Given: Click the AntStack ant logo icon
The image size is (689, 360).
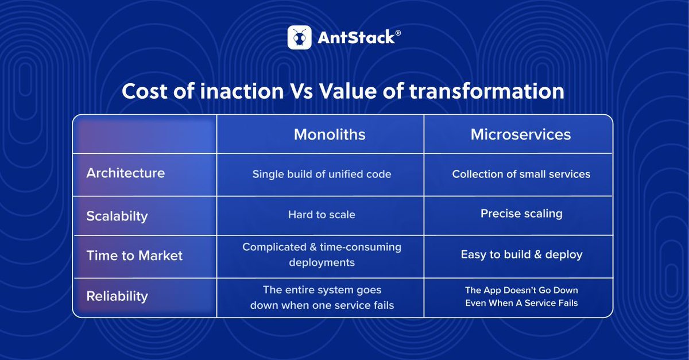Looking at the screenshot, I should pyautogui.click(x=299, y=37).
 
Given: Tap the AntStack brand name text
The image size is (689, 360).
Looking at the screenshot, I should pyautogui.click(x=355, y=38).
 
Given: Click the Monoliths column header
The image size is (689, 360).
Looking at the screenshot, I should pyautogui.click(x=330, y=134).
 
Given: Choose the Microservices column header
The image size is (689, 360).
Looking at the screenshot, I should pyautogui.click(x=521, y=134).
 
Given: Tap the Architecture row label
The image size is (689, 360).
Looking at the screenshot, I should pyautogui.click(x=125, y=173).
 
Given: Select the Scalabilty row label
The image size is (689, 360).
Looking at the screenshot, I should pyautogui.click(x=117, y=216).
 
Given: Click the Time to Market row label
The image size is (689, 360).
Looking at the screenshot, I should pyautogui.click(x=134, y=256).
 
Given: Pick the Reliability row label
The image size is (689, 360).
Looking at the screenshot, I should pyautogui.click(x=117, y=296).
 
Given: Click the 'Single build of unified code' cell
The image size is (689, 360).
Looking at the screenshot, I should pyautogui.click(x=322, y=174).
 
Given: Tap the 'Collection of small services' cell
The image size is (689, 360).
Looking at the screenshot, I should pyautogui.click(x=521, y=174).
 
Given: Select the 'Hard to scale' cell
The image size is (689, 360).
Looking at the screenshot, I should pyautogui.click(x=322, y=215).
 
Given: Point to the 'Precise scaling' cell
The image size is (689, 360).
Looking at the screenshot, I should pyautogui.click(x=521, y=214).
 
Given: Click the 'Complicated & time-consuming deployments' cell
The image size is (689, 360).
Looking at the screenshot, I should pyautogui.click(x=322, y=254).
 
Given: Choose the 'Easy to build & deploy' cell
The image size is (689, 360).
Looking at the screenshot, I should pyautogui.click(x=521, y=254).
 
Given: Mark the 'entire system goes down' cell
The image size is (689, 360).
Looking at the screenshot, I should pyautogui.click(x=322, y=297).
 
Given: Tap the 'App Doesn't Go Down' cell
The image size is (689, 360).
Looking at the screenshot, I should pyautogui.click(x=521, y=296).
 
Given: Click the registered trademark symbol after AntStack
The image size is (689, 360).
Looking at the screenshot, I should pyautogui.click(x=398, y=33).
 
